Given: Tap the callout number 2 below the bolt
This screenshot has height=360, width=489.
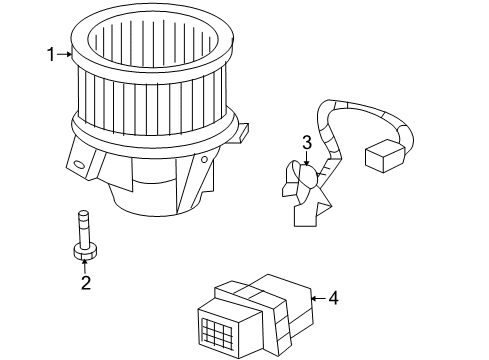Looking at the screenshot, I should click(x=86, y=284).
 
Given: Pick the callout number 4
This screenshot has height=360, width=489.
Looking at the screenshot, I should click(x=332, y=297).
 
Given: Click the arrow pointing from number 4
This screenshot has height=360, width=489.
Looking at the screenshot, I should click(x=316, y=297).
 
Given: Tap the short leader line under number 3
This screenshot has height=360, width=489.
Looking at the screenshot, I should click(x=307, y=157).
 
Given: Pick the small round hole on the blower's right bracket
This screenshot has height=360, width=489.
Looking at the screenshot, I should click(x=205, y=158).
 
